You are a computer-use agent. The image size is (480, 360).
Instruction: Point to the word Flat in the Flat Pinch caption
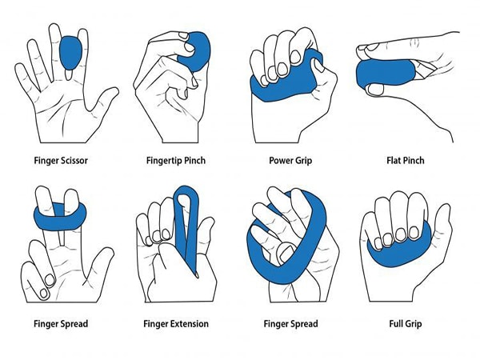click(x=393, y=161)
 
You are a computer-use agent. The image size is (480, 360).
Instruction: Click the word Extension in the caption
click(x=189, y=323)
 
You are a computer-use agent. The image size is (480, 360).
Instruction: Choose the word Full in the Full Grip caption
click(x=395, y=323)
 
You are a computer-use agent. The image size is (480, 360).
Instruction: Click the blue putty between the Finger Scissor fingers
click(x=70, y=53)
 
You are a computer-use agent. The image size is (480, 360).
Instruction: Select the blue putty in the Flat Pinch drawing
click(x=386, y=74)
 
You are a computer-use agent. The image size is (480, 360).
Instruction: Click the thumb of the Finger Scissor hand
click(x=102, y=98)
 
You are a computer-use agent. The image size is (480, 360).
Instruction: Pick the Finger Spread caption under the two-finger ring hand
click(x=61, y=323)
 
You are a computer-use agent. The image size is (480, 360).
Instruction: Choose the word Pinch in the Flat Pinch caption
click(x=414, y=161)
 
